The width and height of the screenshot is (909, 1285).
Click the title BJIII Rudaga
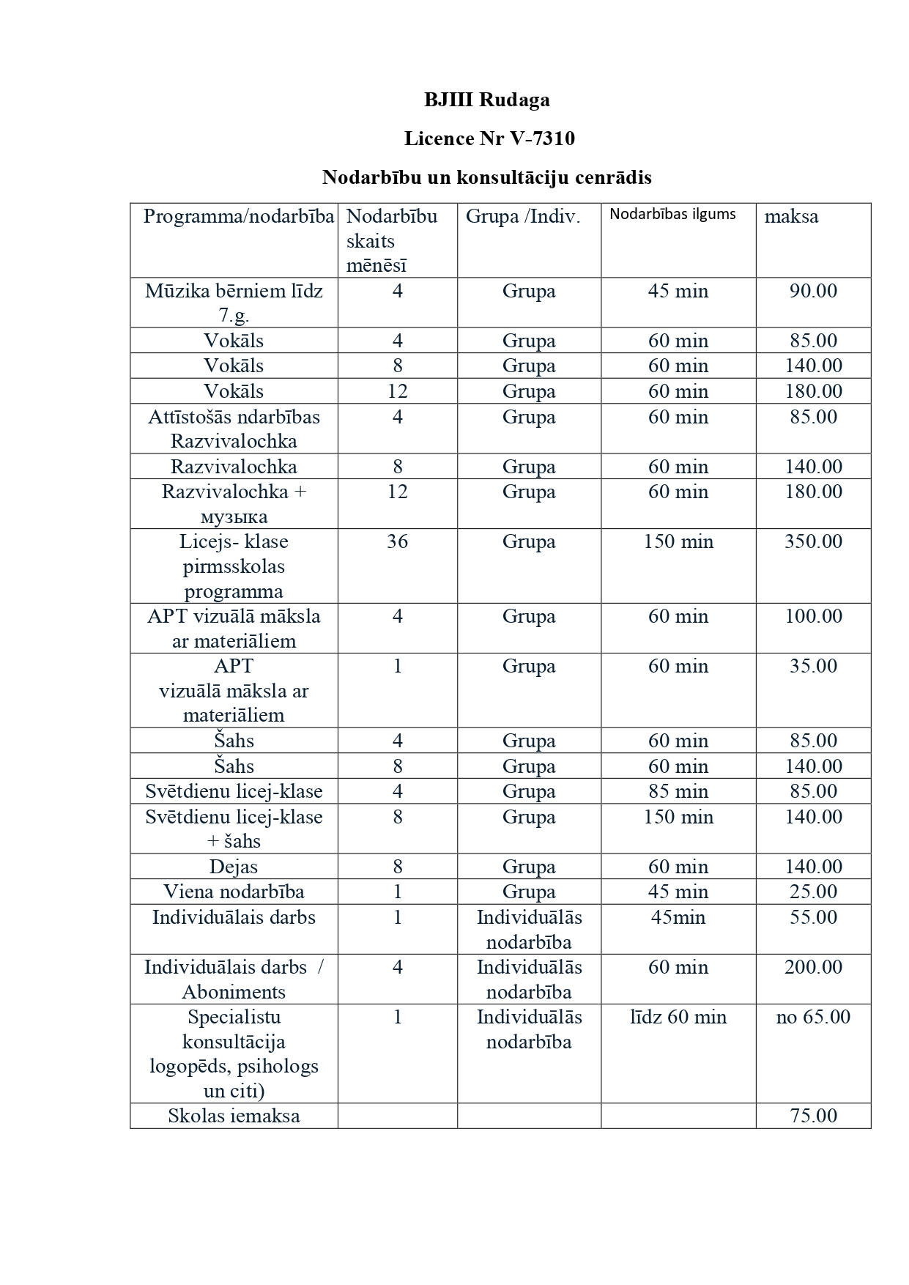(486, 100)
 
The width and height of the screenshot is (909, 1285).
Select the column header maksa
(791, 217)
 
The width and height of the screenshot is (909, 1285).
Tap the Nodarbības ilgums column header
(672, 215)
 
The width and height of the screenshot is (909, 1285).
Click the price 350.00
(813, 542)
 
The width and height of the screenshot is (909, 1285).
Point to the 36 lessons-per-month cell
(397, 542)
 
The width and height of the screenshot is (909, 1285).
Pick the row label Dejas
(234, 867)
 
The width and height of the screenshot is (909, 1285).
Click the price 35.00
(813, 667)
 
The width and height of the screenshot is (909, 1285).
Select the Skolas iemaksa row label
(234, 1116)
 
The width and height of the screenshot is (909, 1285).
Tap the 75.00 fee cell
(813, 1116)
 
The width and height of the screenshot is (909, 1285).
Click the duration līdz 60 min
(678, 1017)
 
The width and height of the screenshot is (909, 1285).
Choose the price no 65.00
(813, 1017)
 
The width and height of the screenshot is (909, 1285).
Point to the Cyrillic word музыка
(234, 517)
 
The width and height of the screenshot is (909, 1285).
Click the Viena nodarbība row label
(234, 892)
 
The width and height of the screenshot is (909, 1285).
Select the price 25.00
(813, 892)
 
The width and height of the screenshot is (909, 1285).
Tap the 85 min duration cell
(678, 791)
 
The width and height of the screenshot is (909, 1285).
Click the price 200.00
(813, 967)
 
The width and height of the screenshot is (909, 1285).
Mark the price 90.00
(813, 291)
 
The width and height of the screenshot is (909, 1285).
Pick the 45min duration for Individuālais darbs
(678, 917)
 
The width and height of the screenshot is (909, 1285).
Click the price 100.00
(813, 616)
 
